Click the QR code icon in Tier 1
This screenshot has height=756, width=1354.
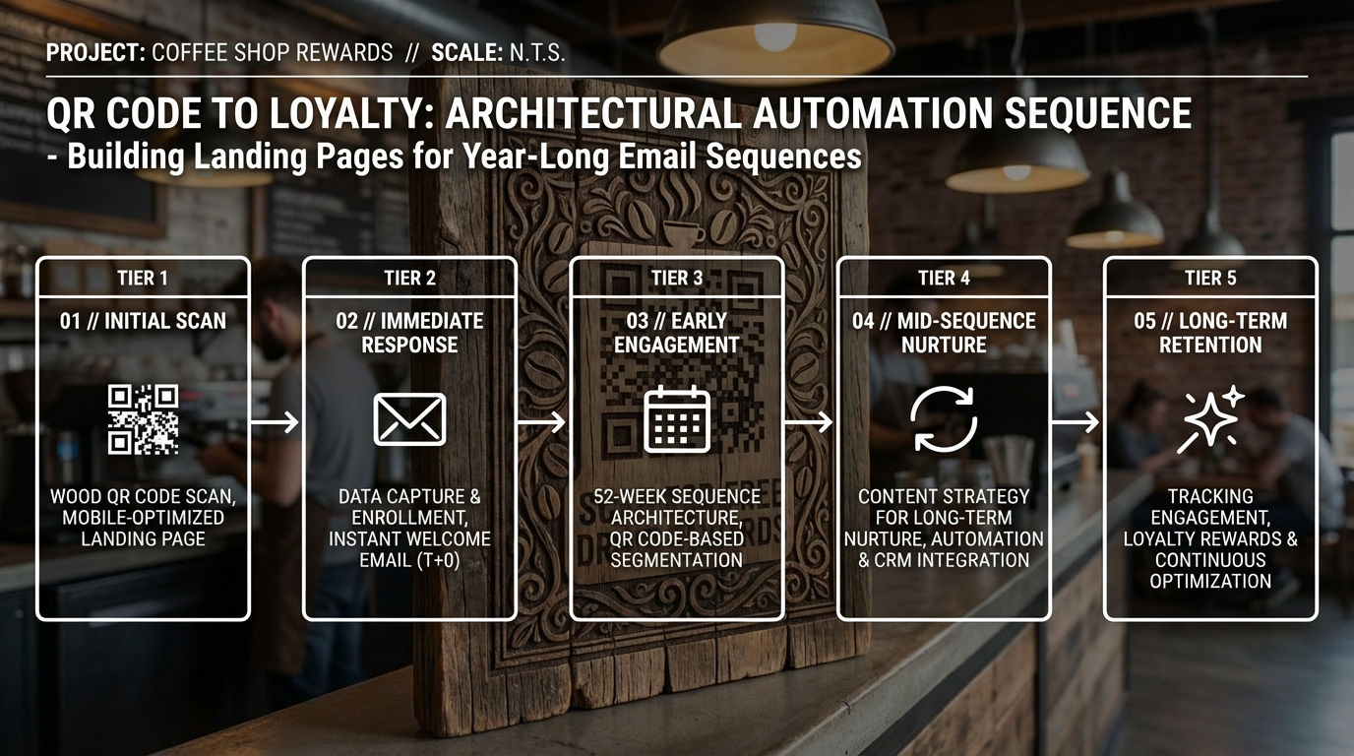point(143,419)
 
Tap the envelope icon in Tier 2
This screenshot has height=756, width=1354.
point(409,419)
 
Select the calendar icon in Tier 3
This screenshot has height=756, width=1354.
point(677,419)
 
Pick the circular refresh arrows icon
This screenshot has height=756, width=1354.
point(944,419)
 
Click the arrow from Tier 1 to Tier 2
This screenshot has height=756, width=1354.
point(276,421)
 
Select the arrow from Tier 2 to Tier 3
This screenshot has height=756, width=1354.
point(541,421)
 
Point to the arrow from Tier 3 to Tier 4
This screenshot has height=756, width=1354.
point(809,421)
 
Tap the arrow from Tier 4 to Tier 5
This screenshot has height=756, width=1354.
point(1076,421)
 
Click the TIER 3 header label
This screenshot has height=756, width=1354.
point(677,279)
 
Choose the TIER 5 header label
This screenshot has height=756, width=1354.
point(1210,279)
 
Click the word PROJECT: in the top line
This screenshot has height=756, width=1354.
point(95,52)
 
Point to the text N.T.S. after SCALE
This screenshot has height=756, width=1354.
point(536,52)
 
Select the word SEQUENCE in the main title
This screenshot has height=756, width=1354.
point(1098,113)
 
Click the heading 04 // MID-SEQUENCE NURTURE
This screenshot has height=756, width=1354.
point(944,333)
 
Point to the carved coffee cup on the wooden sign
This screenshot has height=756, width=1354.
point(683,233)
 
